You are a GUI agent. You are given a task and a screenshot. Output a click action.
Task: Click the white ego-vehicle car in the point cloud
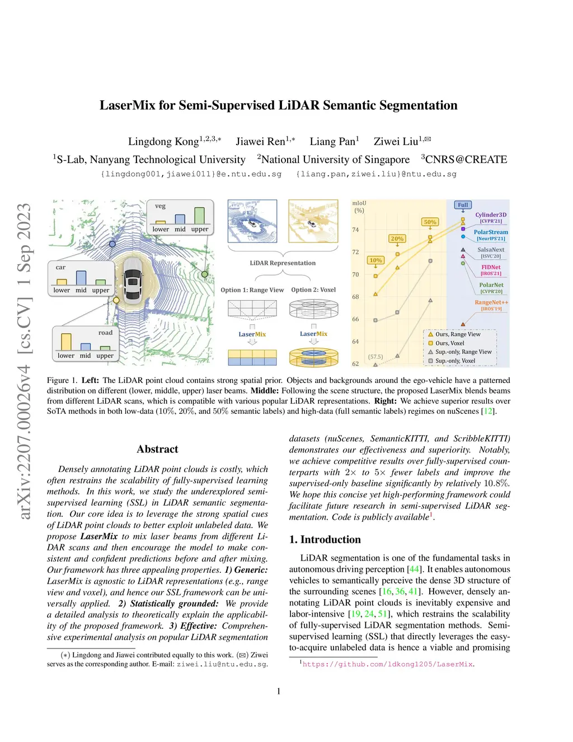[133, 283]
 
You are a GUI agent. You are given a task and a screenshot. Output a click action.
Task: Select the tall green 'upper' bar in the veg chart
[199, 216]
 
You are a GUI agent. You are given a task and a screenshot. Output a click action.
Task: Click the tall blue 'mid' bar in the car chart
[81, 278]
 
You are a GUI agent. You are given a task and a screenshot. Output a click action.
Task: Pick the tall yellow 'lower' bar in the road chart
[66, 342]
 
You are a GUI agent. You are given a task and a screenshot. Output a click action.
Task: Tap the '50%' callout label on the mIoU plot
[430, 222]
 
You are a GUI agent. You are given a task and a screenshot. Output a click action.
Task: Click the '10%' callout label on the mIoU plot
[375, 260]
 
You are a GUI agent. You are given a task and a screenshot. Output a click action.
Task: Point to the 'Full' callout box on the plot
[463, 205]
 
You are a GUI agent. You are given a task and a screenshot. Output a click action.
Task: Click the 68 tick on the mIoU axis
[355, 297]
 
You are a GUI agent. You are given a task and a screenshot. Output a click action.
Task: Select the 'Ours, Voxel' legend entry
[449, 343]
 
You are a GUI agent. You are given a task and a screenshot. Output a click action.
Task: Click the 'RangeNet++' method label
[491, 302]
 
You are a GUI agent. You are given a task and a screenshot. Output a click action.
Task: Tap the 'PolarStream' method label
[491, 232]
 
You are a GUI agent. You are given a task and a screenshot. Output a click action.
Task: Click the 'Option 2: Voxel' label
[313, 290]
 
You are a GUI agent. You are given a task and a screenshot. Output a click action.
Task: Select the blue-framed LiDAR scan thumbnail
[252, 221]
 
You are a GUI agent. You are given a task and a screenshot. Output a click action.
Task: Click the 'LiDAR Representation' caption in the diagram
[283, 263]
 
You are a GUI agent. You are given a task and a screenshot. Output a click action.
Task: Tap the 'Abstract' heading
[157, 449]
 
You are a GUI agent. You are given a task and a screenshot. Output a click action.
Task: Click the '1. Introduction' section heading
[325, 539]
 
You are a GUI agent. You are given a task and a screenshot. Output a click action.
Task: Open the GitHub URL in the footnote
[388, 664]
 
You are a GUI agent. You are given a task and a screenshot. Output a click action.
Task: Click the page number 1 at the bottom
[279, 691]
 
